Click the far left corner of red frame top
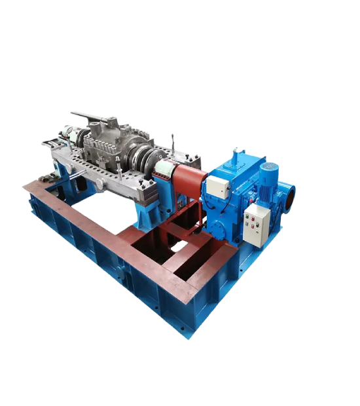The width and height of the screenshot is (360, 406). (x=25, y=185)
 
